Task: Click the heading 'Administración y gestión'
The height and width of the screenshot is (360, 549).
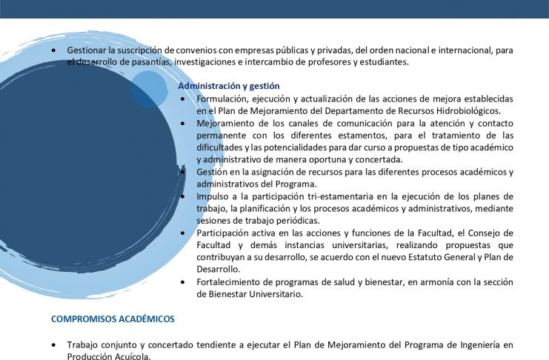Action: (229, 86)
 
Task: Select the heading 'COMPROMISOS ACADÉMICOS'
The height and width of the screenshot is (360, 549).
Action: (113, 319)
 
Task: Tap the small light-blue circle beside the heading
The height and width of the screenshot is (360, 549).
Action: (148, 90)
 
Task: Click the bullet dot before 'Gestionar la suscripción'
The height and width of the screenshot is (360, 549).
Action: (53, 51)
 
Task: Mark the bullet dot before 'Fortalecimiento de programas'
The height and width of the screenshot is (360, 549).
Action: (183, 282)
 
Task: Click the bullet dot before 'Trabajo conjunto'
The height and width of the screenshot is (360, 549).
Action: (53, 345)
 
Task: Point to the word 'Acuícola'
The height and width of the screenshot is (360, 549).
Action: (132, 356)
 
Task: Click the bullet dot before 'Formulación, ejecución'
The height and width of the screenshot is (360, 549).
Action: (183, 99)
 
